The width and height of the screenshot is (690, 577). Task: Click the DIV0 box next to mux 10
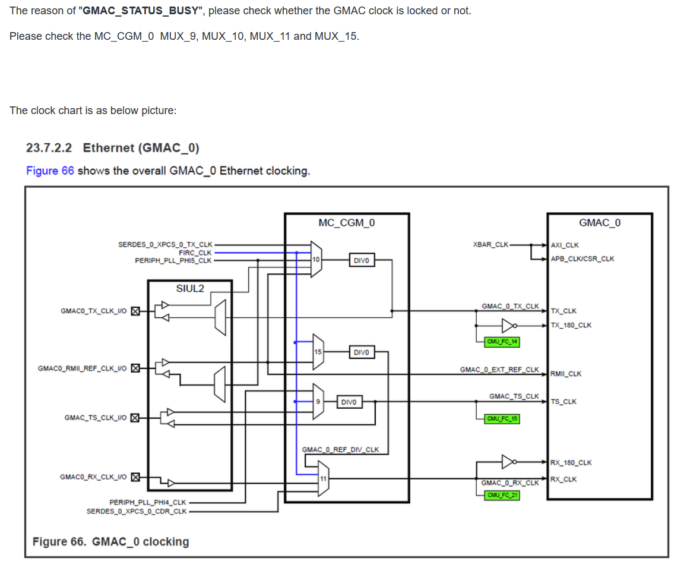361,260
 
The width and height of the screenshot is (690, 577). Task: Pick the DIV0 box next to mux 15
361,352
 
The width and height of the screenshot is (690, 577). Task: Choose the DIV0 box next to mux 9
349,402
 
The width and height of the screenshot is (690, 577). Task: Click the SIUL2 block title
190,288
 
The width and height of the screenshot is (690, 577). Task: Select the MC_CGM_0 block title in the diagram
347,223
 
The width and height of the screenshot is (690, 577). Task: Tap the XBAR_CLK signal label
490,244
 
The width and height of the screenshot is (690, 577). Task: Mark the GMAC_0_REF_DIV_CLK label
340,449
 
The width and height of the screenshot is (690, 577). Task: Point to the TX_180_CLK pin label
571,325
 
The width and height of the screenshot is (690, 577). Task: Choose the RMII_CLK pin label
566,374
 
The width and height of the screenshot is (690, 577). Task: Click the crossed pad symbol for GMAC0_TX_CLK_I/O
135,311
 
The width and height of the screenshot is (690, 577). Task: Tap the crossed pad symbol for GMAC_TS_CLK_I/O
135,418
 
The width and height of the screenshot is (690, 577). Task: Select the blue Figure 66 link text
50,171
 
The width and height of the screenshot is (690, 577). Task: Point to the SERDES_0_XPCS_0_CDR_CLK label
137,511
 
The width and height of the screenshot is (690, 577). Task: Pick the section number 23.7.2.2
50,147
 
